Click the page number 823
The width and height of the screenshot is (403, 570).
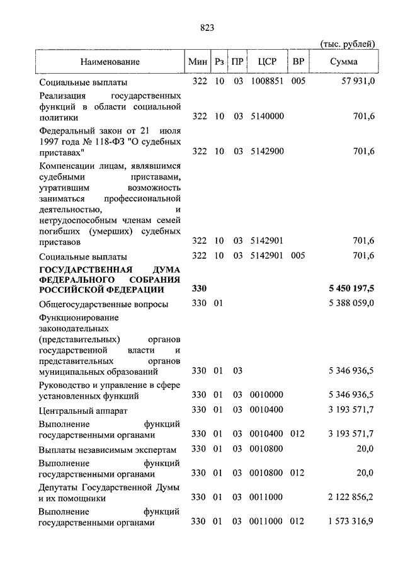(x=208, y=27)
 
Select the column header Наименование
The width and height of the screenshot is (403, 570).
(x=110, y=62)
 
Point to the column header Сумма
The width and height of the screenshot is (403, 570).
(x=344, y=62)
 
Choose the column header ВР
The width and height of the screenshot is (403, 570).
(x=298, y=62)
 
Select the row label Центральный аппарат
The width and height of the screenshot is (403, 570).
(x=83, y=411)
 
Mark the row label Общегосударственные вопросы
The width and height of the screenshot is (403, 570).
(x=103, y=304)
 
